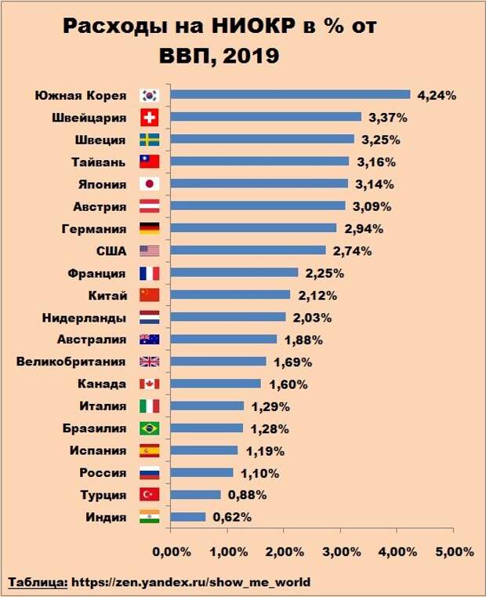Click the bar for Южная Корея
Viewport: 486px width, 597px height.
(290, 95)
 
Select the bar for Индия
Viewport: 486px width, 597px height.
(188, 517)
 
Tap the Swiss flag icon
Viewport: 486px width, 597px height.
(149, 118)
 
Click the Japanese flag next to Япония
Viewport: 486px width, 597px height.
(149, 184)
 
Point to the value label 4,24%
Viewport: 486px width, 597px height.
(437, 96)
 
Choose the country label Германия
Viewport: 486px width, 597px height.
(93, 229)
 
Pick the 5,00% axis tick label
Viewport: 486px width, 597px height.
(454, 551)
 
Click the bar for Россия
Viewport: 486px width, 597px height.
(201, 473)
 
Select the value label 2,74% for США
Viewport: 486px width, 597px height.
(352, 251)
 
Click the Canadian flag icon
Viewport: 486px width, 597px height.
(149, 384)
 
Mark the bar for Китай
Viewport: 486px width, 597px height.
(230, 295)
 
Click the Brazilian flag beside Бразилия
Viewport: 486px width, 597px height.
(149, 428)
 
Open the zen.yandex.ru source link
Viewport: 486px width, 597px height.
(191, 582)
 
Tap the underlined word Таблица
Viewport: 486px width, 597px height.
(37, 582)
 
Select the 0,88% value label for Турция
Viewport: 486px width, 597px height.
(247, 495)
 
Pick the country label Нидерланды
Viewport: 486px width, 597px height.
(83, 318)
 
